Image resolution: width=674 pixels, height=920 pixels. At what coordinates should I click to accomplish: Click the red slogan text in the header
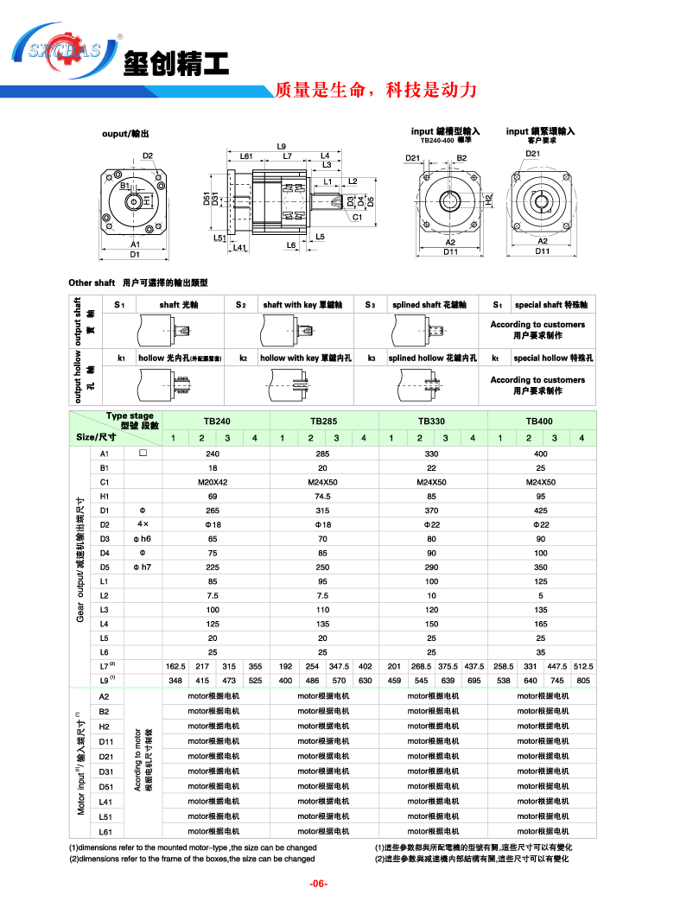pyautogui.click(x=375, y=90)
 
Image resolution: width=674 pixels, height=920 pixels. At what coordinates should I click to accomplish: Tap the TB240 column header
pyautogui.click(x=216, y=422)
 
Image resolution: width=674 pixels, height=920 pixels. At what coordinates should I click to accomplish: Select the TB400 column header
pyautogui.click(x=540, y=422)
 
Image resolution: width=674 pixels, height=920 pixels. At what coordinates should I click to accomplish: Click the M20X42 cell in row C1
pyautogui.click(x=213, y=482)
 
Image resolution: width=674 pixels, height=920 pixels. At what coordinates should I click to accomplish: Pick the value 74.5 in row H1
pyautogui.click(x=322, y=496)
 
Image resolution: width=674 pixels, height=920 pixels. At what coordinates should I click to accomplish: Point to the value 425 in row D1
pyautogui.click(x=540, y=511)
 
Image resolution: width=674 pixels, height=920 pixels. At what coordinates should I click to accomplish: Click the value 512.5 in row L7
pyautogui.click(x=583, y=666)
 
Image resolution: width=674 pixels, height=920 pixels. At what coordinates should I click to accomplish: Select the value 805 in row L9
pyautogui.click(x=583, y=681)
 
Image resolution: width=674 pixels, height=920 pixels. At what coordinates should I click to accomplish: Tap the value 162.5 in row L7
pyautogui.click(x=175, y=666)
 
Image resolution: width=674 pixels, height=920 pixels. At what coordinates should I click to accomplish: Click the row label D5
pyautogui.click(x=105, y=567)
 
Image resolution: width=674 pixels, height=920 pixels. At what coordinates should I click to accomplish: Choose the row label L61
pyautogui.click(x=105, y=831)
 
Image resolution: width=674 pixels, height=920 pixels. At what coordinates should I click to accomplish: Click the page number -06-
pyautogui.click(x=320, y=884)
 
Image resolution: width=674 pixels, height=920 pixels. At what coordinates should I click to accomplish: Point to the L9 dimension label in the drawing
pyautogui.click(x=282, y=146)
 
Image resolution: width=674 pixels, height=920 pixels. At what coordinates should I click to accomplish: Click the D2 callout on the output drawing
pyautogui.click(x=148, y=156)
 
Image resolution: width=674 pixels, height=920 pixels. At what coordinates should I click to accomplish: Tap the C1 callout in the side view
pyautogui.click(x=356, y=218)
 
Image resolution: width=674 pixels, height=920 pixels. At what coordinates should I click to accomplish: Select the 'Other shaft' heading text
pyautogui.click(x=92, y=282)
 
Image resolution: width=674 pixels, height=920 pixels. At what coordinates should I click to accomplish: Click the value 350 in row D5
pyautogui.click(x=540, y=567)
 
